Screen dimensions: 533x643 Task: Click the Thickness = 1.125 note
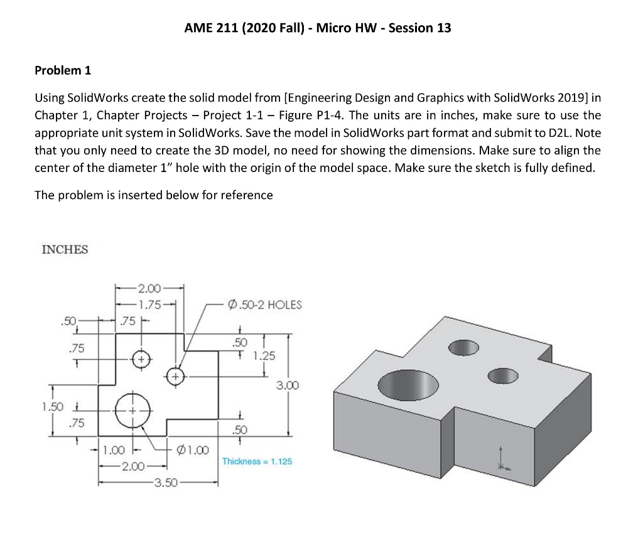pyautogui.click(x=257, y=461)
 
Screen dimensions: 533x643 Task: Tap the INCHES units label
pyautogui.click(x=65, y=250)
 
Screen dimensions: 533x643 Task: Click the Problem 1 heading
pyautogui.click(x=63, y=70)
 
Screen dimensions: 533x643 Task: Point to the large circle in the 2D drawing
pyautogui.click(x=133, y=407)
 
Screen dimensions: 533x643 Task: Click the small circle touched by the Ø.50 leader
pyautogui.click(x=176, y=376)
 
